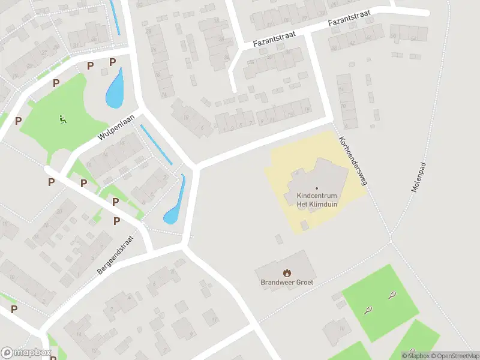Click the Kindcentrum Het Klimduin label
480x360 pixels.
317,200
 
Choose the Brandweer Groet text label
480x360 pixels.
287,282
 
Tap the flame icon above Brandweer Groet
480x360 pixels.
287,272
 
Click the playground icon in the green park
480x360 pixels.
62,119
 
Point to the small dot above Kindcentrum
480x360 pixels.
317,188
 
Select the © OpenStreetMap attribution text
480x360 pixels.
454,356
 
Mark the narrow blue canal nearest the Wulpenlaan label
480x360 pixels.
155,144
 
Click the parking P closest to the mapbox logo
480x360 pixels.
14,309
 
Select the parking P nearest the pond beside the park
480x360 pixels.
112,62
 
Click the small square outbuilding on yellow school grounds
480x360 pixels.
305,225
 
